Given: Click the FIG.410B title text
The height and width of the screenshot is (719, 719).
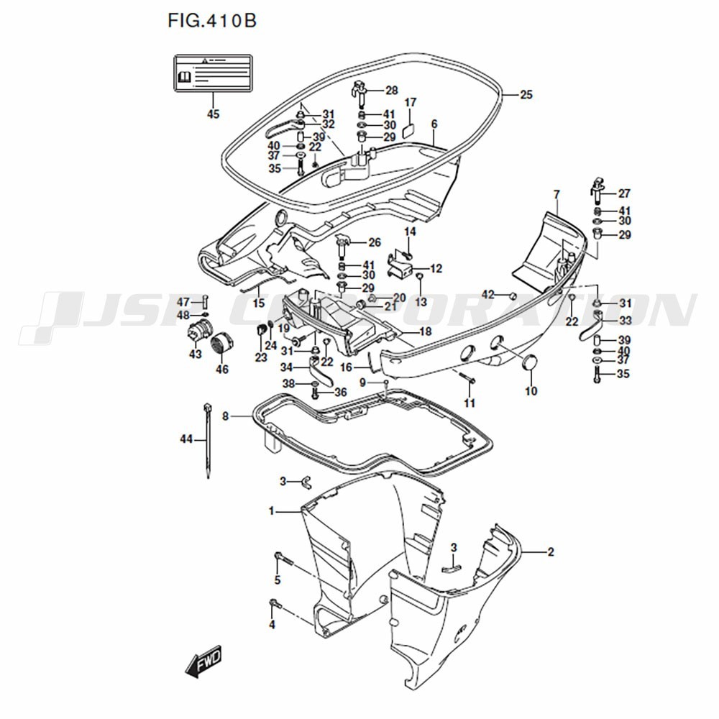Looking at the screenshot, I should click(211, 21).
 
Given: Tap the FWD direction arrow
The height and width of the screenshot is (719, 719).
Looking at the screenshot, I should click(204, 661).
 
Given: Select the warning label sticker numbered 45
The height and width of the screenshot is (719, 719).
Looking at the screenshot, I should click(213, 73).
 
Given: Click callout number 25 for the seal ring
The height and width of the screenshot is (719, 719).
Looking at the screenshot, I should click(526, 95).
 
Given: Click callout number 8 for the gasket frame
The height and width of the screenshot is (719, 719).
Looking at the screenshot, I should click(225, 416).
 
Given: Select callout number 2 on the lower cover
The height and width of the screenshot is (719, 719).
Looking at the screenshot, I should click(550, 552).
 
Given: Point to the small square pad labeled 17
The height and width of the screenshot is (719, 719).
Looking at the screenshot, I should click(410, 131).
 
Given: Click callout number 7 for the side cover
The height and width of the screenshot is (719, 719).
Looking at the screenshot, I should click(556, 194).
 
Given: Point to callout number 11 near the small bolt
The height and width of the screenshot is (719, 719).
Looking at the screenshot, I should click(470, 403).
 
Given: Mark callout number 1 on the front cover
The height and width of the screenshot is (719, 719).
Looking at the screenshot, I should click(272, 511).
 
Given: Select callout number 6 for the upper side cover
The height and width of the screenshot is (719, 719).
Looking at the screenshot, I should click(434, 124).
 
